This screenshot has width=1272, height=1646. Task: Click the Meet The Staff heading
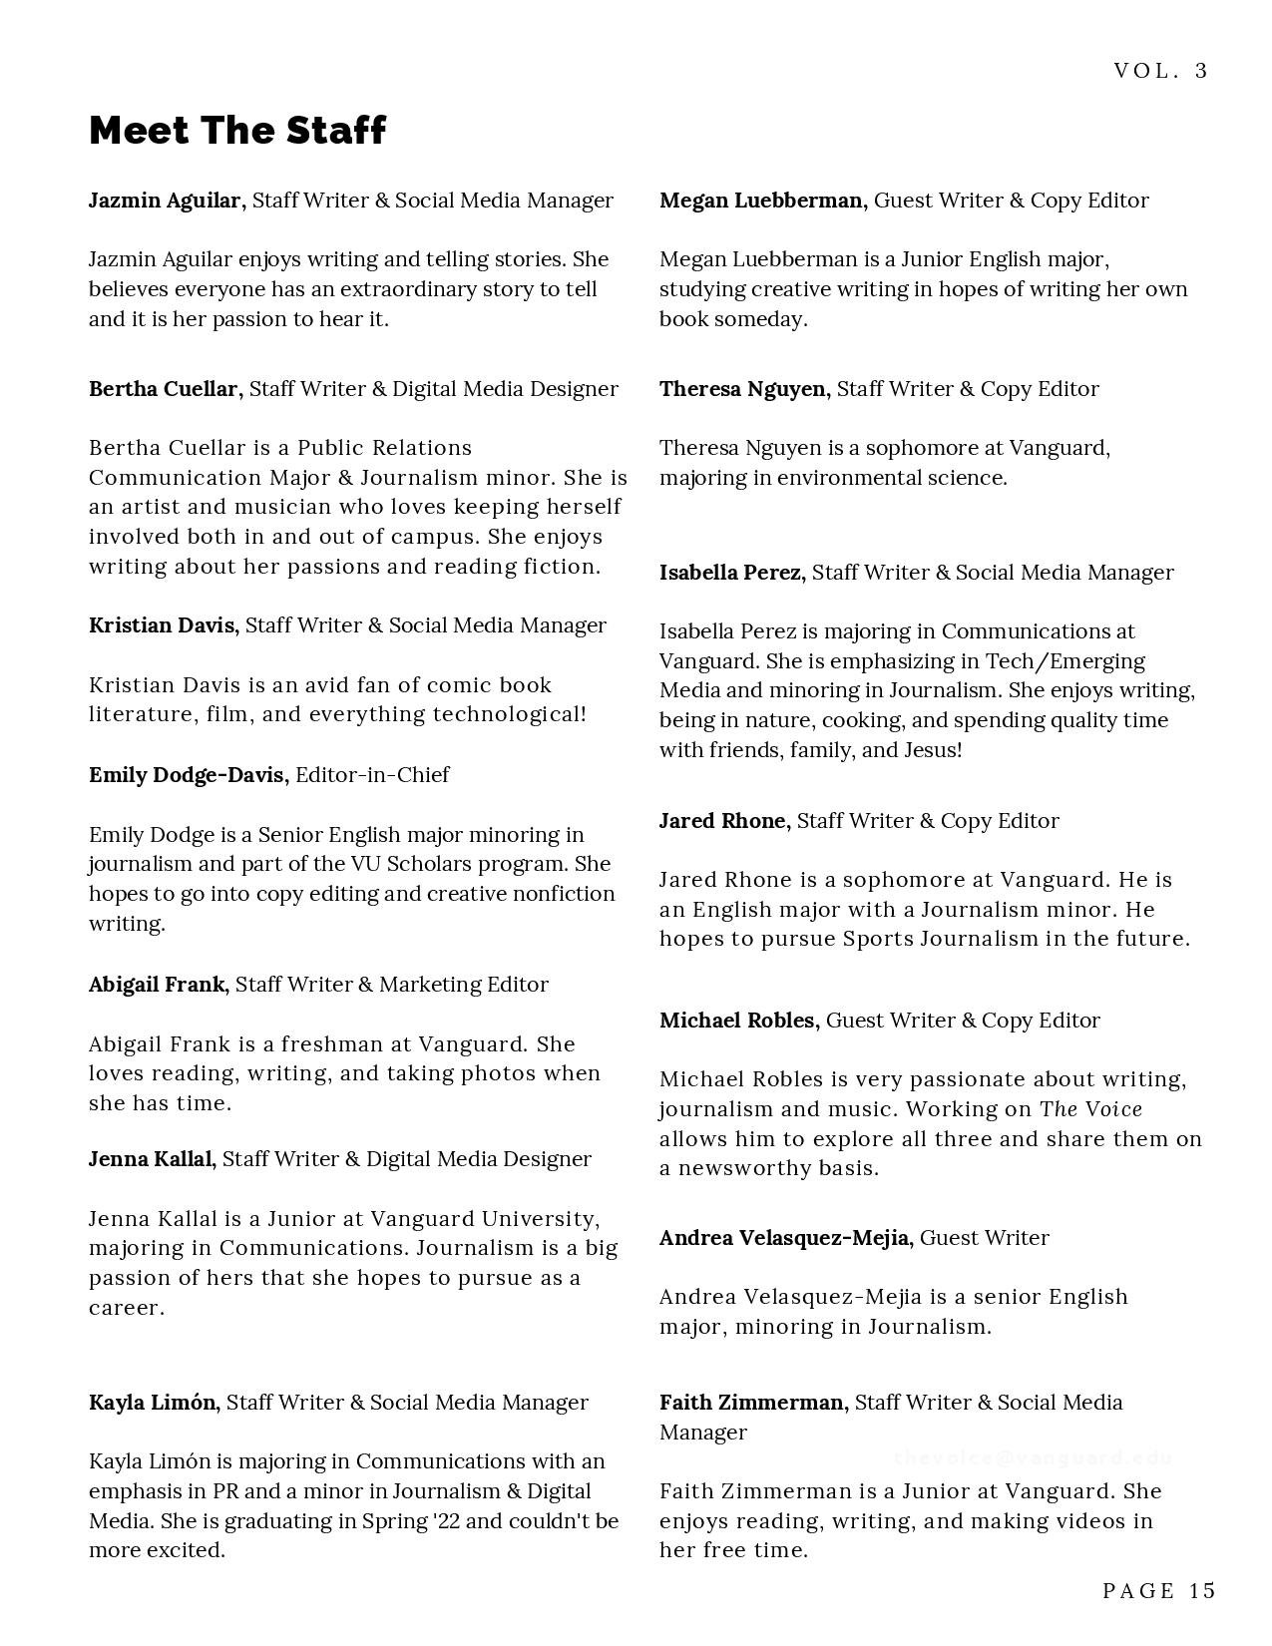237,131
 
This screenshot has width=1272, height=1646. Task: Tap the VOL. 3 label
1160,71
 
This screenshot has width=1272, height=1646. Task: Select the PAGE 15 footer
1159,1590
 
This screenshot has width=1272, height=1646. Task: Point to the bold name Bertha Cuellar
165,389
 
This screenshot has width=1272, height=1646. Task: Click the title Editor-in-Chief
372,775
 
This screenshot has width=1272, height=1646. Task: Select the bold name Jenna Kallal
151,1159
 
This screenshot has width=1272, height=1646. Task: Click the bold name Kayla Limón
153,1403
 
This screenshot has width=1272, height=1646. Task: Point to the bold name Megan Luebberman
761,201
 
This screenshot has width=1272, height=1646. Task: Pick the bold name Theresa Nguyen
743,389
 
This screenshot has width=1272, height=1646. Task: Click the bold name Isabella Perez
731,573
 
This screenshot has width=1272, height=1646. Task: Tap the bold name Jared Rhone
723,821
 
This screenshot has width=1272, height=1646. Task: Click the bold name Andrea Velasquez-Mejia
785,1238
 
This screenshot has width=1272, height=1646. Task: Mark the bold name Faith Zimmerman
752,1403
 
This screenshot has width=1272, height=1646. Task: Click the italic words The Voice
1090,1109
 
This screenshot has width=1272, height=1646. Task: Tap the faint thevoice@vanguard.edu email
1034,1457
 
